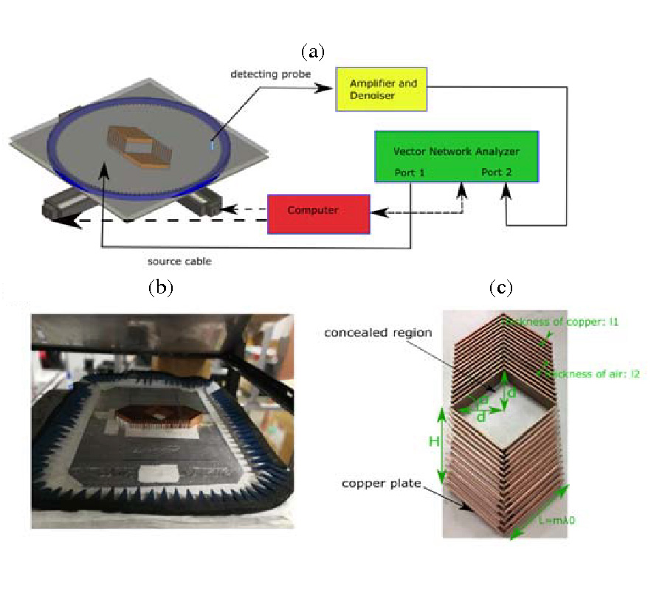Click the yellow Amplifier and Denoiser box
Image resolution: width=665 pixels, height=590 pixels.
(x=382, y=89)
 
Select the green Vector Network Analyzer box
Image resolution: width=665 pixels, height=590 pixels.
(x=456, y=156)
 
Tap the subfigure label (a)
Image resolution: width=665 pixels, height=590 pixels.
(x=313, y=52)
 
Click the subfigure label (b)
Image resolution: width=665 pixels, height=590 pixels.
(x=160, y=288)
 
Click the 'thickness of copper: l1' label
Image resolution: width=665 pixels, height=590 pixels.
(x=568, y=322)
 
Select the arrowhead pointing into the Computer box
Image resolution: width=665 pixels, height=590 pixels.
(x=374, y=213)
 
